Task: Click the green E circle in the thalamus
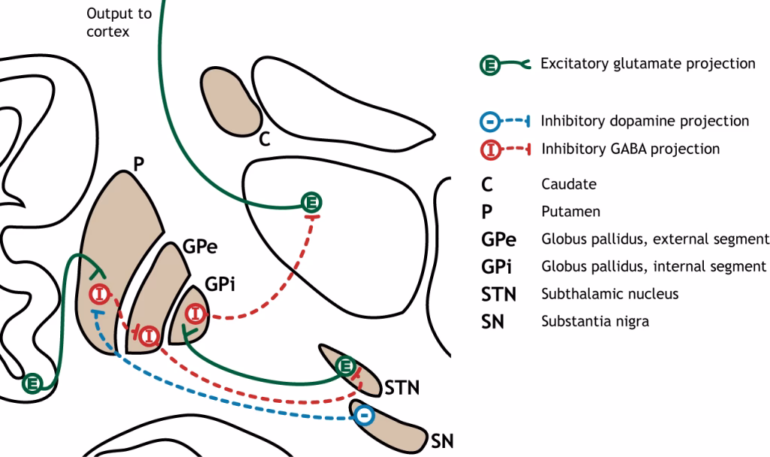(311, 201)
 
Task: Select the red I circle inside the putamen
(100, 294)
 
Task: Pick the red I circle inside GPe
(149, 335)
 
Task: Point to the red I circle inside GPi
(196, 312)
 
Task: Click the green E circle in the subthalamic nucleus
(345, 367)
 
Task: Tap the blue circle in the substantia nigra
(364, 415)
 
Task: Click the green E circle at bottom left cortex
(32, 383)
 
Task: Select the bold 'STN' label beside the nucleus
(402, 388)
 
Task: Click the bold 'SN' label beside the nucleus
(442, 440)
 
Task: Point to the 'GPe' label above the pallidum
(198, 249)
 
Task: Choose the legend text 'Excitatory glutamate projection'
(647, 63)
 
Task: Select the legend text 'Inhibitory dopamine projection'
(644, 121)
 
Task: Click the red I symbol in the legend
(491, 149)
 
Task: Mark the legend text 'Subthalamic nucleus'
(610, 293)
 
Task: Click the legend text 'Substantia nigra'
(595, 321)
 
